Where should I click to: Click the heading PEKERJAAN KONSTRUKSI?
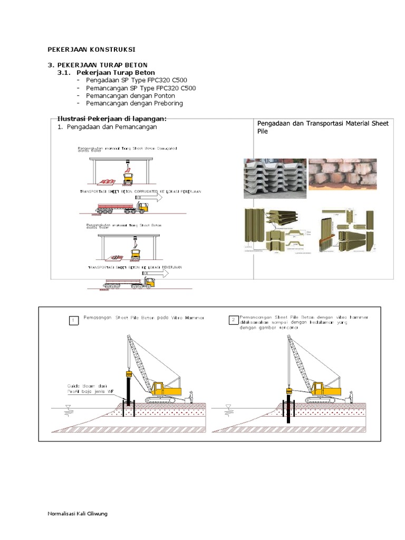(x=91, y=49)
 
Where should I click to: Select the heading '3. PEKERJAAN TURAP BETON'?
(x=98, y=64)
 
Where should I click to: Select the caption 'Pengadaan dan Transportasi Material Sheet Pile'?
(x=322, y=127)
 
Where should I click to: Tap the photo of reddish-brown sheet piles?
(x=342, y=174)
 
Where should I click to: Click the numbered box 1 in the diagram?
(x=75, y=320)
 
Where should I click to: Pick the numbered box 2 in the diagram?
(x=233, y=320)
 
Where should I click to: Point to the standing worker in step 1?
(x=191, y=397)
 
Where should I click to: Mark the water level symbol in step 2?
(x=228, y=407)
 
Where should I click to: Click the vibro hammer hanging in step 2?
(x=288, y=391)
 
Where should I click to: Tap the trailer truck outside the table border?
(x=129, y=283)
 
